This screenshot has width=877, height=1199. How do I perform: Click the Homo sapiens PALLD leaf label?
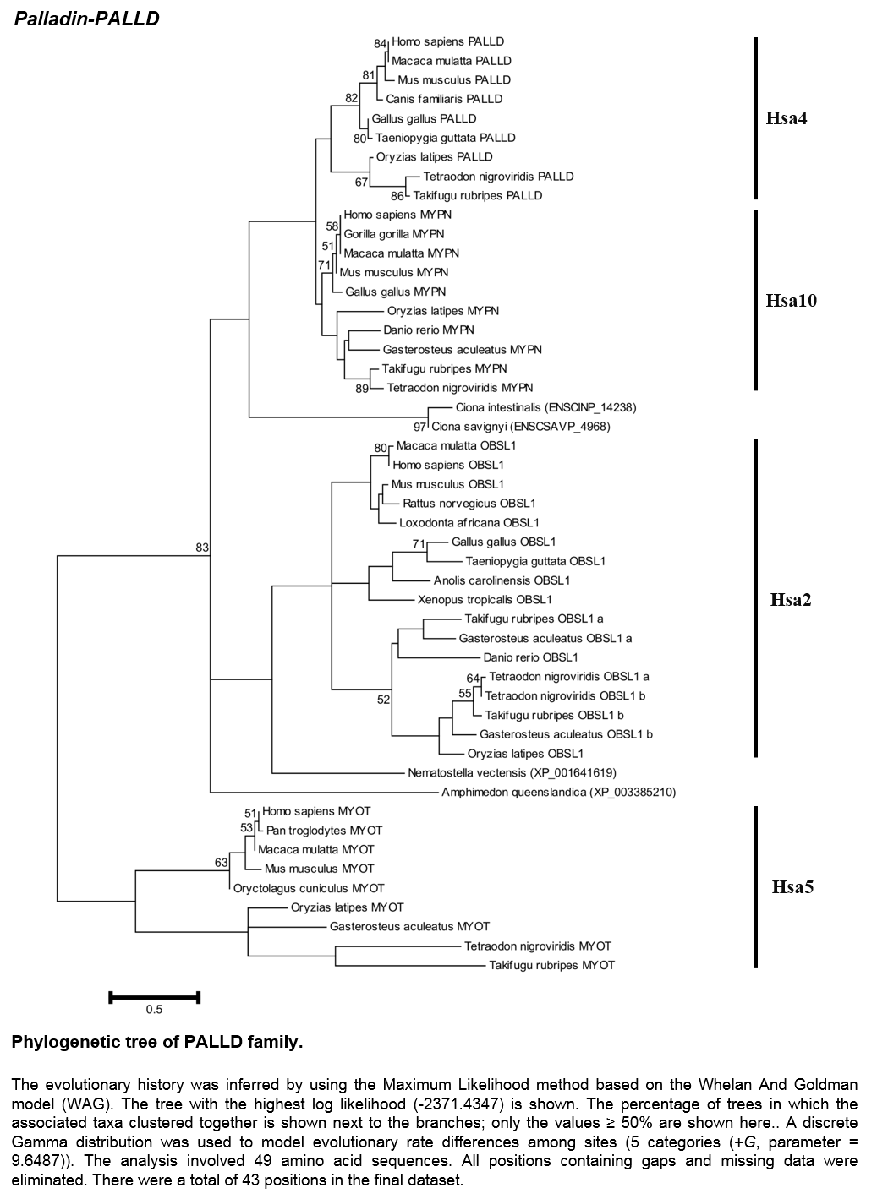pos(448,41)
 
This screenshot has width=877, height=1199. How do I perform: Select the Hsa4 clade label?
pos(786,117)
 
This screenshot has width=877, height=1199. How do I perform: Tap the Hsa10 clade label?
pos(792,300)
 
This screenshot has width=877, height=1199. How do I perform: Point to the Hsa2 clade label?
pos(791,600)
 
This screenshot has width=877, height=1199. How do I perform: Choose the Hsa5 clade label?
pos(792,887)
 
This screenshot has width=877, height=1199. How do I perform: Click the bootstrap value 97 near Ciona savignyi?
pos(419,428)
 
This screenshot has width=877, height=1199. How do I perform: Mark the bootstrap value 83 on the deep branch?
pos(202,548)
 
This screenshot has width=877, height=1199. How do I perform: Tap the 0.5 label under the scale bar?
pos(154,1010)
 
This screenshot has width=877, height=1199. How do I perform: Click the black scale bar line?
pos(154,997)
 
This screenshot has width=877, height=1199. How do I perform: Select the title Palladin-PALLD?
pos(87,19)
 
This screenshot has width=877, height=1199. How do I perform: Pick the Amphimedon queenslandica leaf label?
pos(559,793)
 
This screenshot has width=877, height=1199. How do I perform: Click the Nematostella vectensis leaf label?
pos(512,773)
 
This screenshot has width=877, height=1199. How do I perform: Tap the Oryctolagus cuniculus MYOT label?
pos(309,889)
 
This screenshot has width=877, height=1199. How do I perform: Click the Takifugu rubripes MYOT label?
pos(551,965)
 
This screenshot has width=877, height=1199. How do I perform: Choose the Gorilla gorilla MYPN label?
pos(394,234)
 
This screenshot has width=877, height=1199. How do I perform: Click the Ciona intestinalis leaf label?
pos(546,408)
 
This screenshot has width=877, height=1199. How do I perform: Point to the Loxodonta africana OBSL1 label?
pos(469,523)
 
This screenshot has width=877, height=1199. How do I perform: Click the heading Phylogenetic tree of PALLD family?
pos(157,1042)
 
